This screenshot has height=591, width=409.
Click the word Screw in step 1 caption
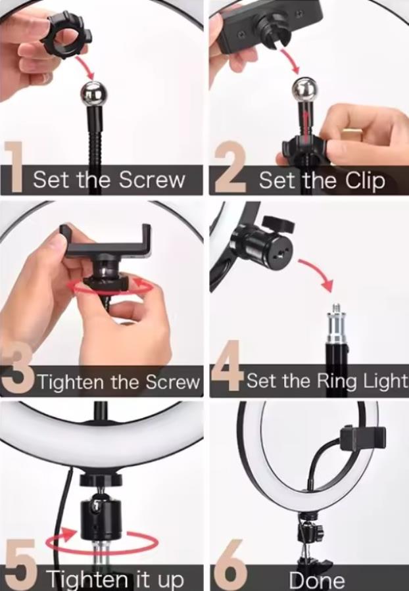[x=155, y=179]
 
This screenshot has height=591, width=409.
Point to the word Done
[x=316, y=580]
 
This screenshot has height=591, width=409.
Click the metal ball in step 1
[x=93, y=93]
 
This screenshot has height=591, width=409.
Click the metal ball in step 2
[x=304, y=89]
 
